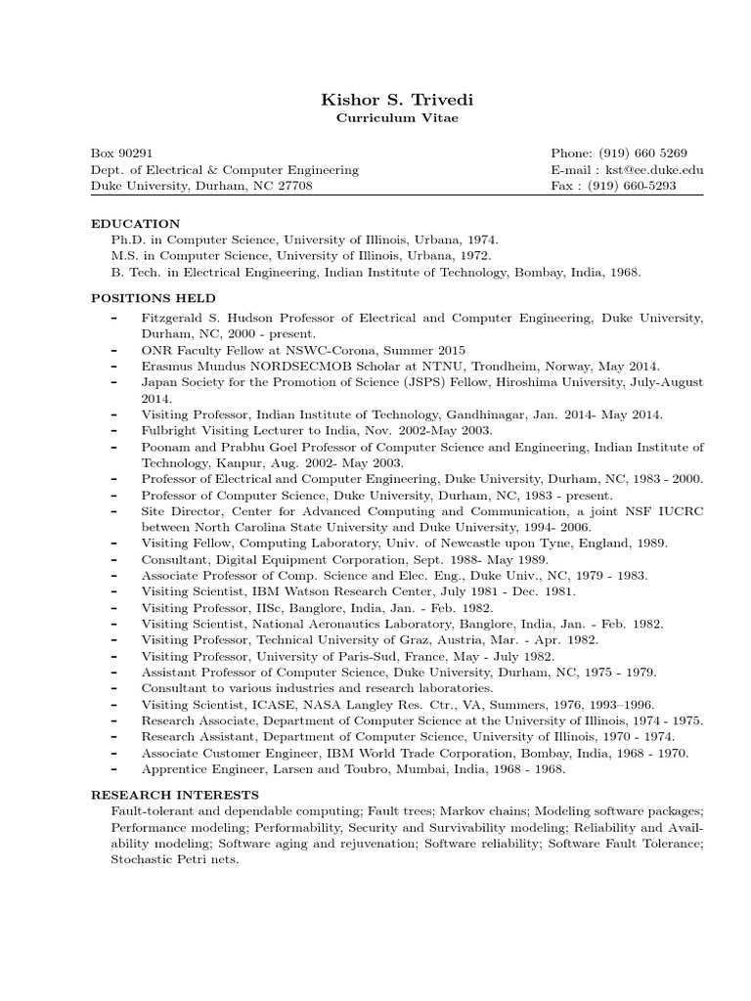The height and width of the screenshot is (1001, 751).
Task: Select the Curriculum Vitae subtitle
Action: [375, 118]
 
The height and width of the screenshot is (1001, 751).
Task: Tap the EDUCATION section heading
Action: [136, 224]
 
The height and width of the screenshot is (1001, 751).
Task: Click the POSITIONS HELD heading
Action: [154, 298]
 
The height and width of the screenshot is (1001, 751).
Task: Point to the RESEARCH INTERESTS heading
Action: [175, 795]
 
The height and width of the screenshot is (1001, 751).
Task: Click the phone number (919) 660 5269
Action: [644, 153]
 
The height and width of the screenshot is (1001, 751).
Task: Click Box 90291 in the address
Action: [121, 153]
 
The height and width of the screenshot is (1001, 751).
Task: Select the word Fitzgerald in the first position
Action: [173, 319]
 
